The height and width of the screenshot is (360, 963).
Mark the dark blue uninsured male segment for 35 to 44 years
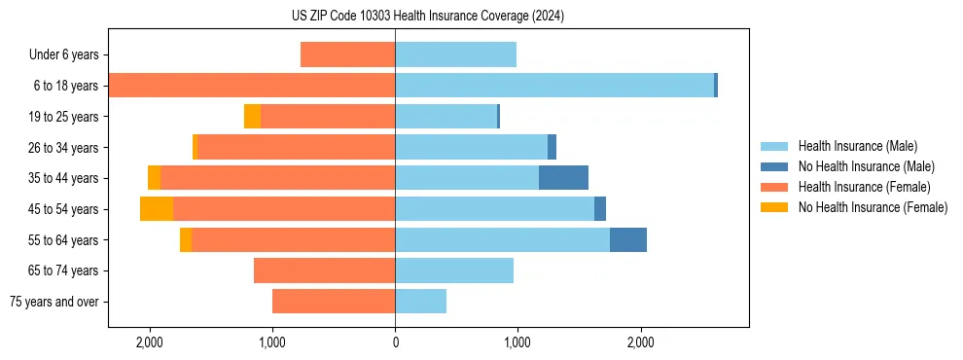pos(563,178)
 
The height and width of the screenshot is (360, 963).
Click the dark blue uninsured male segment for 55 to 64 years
pos(627,239)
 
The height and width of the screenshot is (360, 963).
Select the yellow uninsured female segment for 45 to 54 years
pos(157,208)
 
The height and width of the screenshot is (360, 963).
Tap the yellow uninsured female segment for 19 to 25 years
pos(252,117)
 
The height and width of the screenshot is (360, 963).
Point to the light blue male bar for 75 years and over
pos(420,302)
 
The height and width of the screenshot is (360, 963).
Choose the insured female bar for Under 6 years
pos(347,54)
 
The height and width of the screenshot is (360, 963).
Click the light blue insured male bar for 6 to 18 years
pos(554,86)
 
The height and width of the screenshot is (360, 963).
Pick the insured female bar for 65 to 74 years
pos(324,270)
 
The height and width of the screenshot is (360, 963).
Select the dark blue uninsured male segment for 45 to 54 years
pos(600,208)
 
